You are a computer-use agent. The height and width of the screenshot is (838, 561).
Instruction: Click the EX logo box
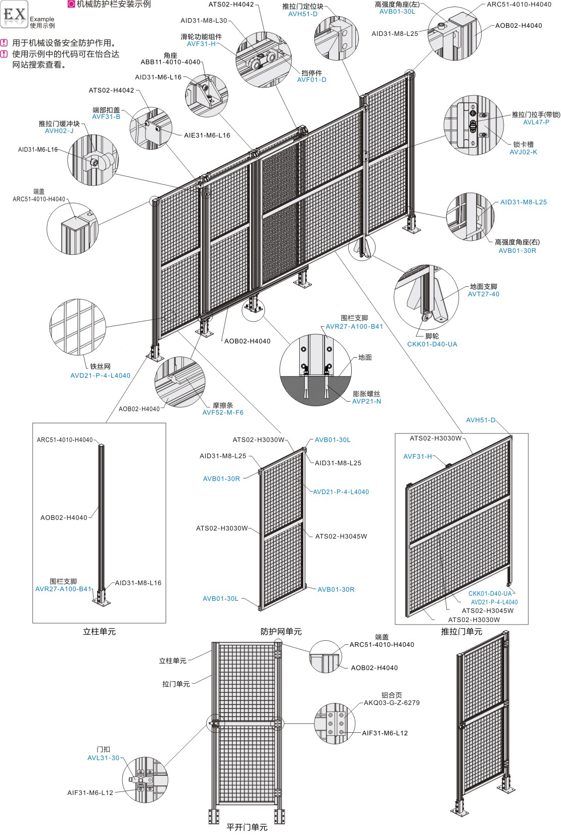[14, 14]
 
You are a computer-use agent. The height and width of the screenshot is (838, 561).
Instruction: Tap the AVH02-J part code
[59, 131]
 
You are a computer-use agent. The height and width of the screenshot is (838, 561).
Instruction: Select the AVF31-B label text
[106, 117]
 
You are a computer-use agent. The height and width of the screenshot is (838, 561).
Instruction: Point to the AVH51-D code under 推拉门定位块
[303, 14]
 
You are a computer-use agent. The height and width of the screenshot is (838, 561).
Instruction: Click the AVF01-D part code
[312, 80]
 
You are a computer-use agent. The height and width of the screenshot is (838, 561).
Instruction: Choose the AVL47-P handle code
[536, 122]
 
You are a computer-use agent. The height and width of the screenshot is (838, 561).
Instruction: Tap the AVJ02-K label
[523, 152]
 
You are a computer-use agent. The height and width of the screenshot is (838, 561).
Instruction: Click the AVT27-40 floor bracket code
[484, 294]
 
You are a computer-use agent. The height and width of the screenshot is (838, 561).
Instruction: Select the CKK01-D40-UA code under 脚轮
[432, 344]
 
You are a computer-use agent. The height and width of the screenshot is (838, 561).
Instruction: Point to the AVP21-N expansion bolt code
[366, 402]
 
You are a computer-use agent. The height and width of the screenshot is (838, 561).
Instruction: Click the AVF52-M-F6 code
[223, 413]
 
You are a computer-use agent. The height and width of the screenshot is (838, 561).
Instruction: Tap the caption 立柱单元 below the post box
[100, 632]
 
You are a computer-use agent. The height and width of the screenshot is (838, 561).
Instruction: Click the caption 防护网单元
[281, 632]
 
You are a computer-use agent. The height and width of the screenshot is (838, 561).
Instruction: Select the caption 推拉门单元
[461, 632]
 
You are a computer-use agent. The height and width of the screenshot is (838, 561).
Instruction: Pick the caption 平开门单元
[247, 827]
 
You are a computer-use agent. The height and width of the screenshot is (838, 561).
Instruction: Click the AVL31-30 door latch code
[103, 758]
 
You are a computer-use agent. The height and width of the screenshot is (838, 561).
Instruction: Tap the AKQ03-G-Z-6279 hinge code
[392, 703]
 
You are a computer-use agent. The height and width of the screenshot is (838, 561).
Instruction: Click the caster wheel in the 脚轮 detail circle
[425, 317]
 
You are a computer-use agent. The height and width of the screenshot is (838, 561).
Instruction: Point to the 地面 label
[365, 357]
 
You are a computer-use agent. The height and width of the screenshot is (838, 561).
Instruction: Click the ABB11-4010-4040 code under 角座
[170, 62]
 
